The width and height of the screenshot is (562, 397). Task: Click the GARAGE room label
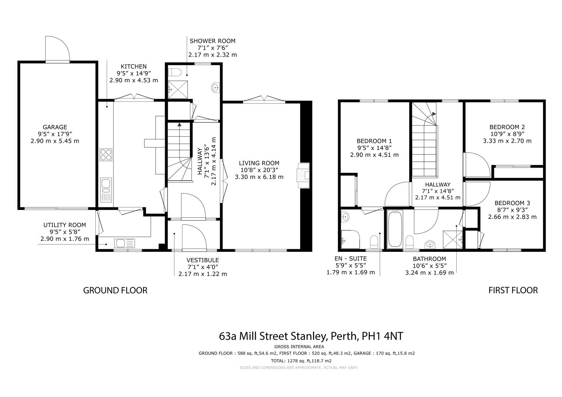(55, 127)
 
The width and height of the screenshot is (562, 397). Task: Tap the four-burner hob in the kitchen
(106, 154)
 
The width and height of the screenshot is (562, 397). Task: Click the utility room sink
(125, 243)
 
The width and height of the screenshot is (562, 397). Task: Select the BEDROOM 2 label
(507, 127)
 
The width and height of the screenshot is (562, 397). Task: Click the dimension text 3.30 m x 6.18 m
(259, 177)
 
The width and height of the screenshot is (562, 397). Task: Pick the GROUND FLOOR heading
(115, 290)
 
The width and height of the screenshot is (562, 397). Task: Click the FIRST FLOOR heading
(513, 290)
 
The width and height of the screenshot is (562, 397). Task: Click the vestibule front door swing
(194, 237)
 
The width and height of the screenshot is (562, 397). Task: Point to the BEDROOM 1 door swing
(398, 194)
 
